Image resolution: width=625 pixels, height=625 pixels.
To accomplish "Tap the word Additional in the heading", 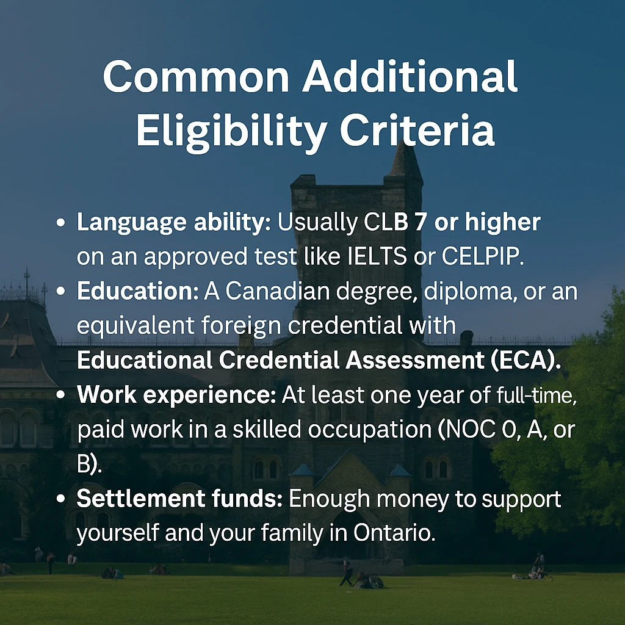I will (x=410, y=78).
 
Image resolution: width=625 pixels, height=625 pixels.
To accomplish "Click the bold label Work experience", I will (x=176, y=396).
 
